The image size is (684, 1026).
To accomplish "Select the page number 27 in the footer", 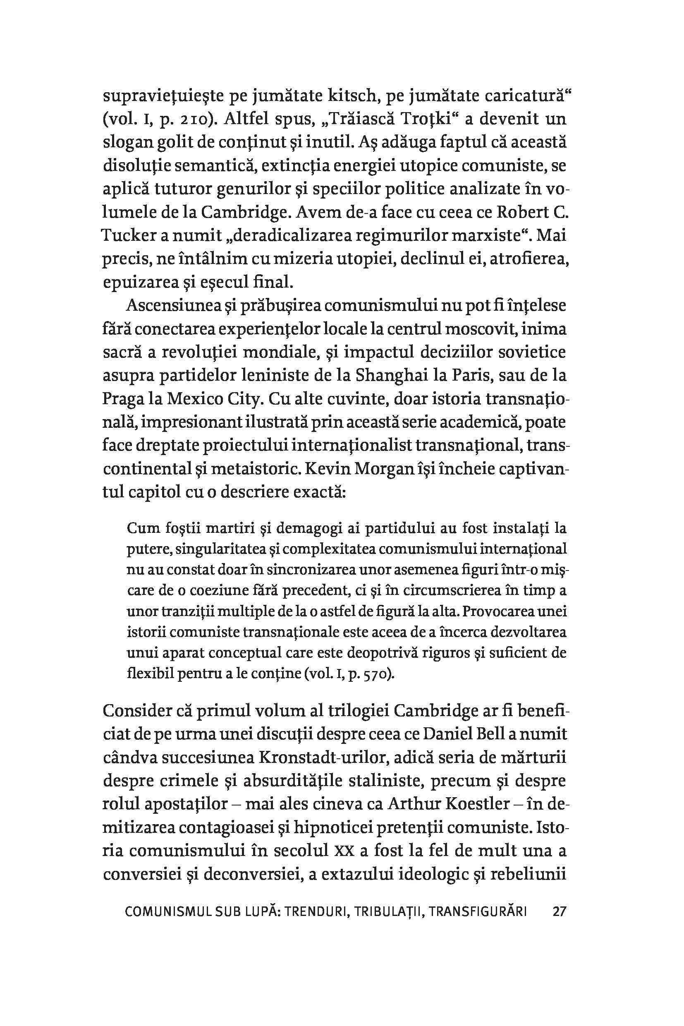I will [x=559, y=911].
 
